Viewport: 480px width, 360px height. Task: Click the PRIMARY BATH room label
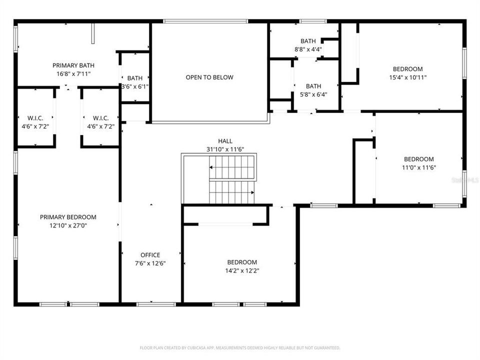[x=73, y=65]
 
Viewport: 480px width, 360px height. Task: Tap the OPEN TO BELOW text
[x=209, y=77]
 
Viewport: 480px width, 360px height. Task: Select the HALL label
[x=225, y=141]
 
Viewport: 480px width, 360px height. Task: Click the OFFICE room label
[x=150, y=255]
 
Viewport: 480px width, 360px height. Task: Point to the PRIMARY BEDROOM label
[x=68, y=217]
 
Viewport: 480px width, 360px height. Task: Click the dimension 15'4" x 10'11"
[x=407, y=77]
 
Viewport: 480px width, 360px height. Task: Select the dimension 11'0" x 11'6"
[x=418, y=168]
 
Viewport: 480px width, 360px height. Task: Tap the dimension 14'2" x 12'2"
[x=242, y=270]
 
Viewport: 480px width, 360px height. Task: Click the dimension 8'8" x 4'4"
[x=308, y=49]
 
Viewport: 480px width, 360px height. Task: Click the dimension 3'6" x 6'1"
[x=135, y=86]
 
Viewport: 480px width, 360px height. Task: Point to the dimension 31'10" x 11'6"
[x=225, y=149]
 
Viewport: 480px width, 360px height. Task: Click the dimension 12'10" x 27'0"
[x=68, y=225]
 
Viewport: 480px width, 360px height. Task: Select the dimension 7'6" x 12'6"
[x=150, y=263]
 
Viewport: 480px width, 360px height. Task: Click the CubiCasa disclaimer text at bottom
[x=240, y=347]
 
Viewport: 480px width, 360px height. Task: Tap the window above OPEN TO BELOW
[x=205, y=21]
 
